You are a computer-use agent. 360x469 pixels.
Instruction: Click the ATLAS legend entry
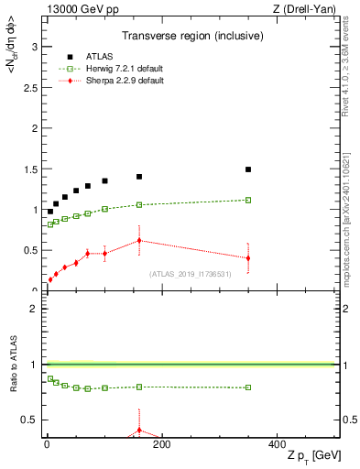point(100,55)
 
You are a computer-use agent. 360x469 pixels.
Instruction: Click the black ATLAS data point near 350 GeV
point(248,169)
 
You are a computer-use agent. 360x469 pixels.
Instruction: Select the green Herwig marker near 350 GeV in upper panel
point(248,200)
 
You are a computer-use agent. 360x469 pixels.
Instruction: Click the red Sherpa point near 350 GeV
point(248,258)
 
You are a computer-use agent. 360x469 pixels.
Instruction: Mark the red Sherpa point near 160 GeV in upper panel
point(139,241)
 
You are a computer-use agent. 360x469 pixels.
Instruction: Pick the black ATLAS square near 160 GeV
point(139,177)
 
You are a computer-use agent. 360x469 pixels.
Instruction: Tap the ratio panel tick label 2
point(37,309)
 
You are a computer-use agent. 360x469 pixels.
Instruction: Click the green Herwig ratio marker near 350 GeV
point(248,387)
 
